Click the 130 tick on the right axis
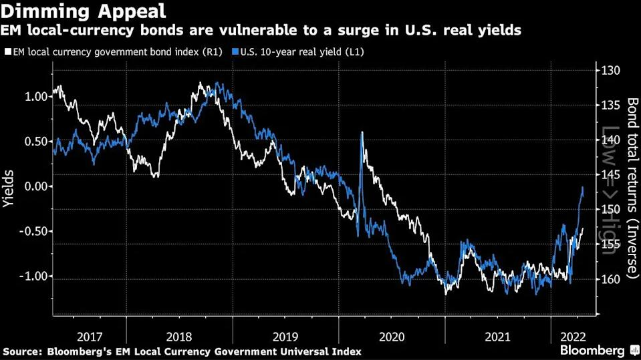611,71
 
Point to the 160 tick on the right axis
611,279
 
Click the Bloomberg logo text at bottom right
592,350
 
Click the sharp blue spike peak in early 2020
362,133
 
